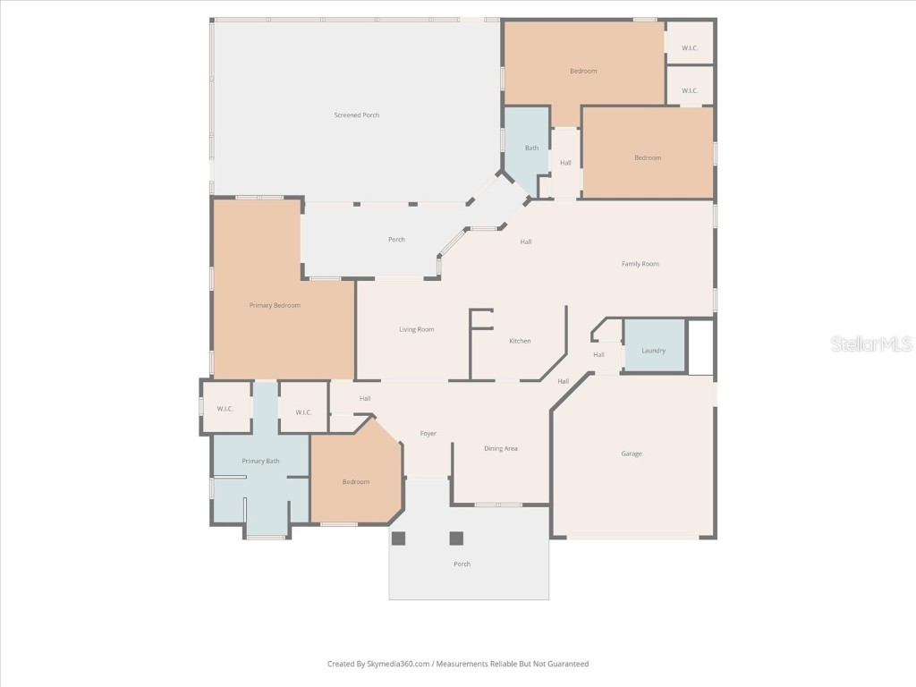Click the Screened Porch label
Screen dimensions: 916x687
coord(356,115)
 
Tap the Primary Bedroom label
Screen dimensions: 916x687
coord(275,305)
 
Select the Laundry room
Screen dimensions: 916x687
coord(654,345)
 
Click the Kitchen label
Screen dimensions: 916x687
coord(520,341)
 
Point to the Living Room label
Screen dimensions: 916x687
coord(417,329)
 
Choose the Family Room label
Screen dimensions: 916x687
coord(640,264)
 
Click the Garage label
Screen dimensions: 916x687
coord(632,454)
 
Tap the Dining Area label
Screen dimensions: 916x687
coord(501,448)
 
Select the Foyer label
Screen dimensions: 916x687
coord(428,434)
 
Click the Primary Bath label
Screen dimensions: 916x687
coord(260,461)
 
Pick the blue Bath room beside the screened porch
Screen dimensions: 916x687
coord(527,149)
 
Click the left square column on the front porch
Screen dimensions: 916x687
coord(398,538)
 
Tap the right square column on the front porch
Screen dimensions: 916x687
coord(456,538)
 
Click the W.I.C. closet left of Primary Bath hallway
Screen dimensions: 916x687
coord(226,407)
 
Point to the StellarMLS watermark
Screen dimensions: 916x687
coord(871,343)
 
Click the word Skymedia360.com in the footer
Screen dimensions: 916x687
coord(398,664)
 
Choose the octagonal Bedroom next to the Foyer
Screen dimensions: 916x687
coord(356,473)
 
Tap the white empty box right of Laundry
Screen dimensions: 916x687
coord(701,347)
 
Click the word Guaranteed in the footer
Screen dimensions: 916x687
coord(570,664)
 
